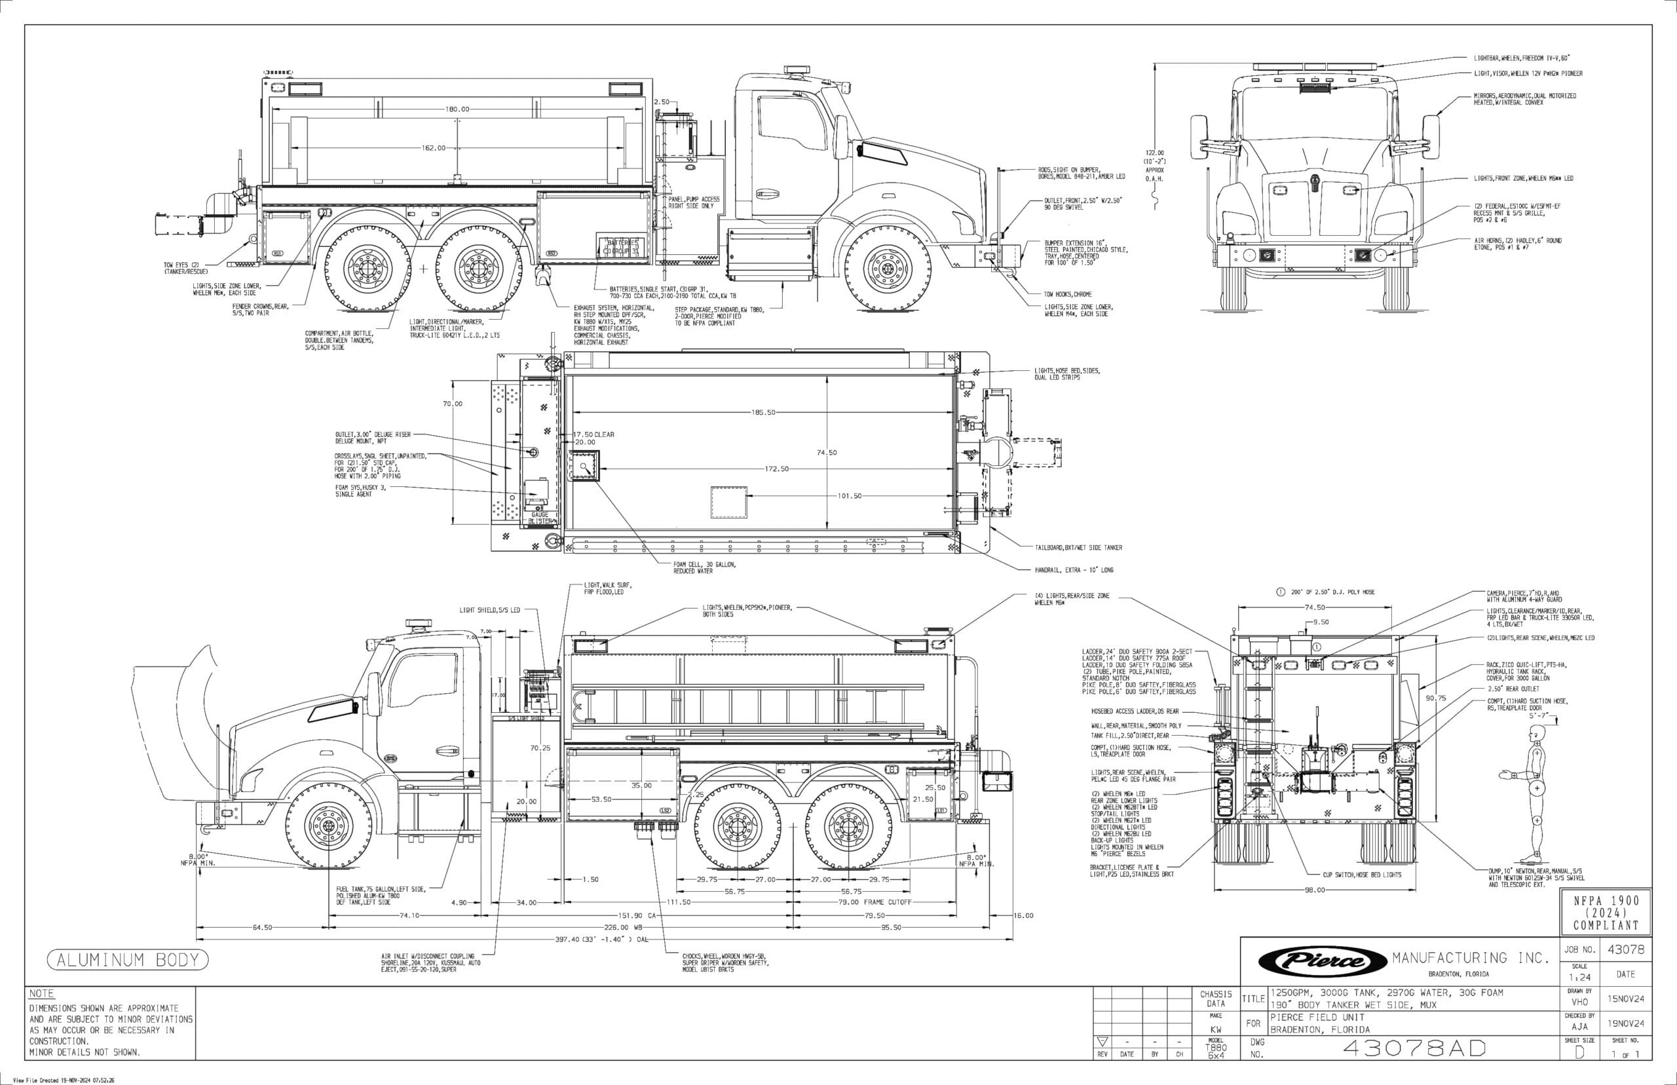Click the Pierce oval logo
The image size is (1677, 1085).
click(1323, 961)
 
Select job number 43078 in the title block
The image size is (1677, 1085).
click(1627, 950)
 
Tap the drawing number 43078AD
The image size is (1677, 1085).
click(1414, 1048)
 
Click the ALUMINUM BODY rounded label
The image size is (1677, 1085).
click(128, 960)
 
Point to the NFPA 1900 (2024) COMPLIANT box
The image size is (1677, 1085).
click(1606, 913)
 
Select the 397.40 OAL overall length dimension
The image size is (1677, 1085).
click(601, 939)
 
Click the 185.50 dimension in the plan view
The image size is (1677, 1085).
click(763, 412)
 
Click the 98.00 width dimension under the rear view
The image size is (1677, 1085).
click(1314, 890)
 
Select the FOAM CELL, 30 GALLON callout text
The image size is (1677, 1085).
click(704, 567)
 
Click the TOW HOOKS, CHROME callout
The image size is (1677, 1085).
click(1068, 294)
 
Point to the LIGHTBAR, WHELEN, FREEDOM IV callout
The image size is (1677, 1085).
click(1521, 58)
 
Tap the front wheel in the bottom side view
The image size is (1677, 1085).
click(329, 825)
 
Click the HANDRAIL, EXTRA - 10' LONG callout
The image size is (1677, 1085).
click(1074, 569)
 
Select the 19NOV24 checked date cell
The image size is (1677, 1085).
click(1626, 1023)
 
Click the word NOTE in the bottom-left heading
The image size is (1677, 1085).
click(41, 993)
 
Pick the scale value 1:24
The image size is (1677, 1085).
click(1579, 977)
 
